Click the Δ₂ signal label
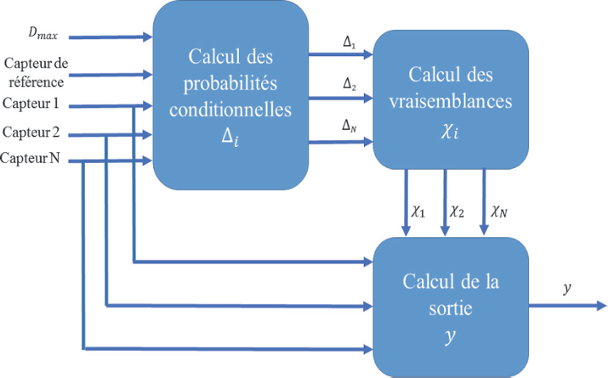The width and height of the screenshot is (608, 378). pyautogui.click(x=348, y=84)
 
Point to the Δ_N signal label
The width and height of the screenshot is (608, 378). pyautogui.click(x=348, y=126)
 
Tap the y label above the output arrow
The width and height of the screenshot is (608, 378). pyautogui.click(x=567, y=289)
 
